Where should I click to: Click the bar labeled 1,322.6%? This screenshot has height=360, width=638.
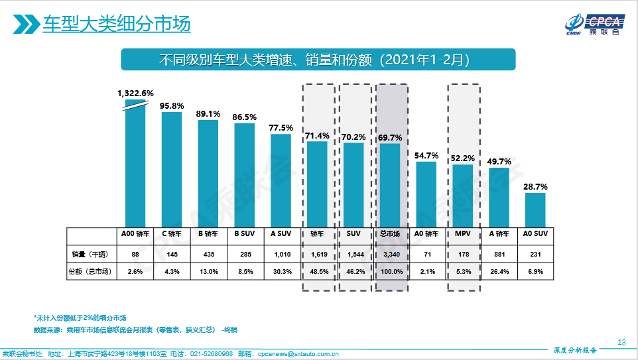(135, 166)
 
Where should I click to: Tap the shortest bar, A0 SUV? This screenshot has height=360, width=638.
(535, 210)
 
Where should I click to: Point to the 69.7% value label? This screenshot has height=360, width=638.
(390, 137)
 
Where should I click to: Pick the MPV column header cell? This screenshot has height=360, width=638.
(462, 234)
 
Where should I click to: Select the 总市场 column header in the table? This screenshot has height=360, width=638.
(390, 234)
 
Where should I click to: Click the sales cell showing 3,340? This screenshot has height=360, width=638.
(390, 253)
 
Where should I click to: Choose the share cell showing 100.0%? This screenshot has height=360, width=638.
(390, 271)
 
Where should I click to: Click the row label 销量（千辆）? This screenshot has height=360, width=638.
(90, 253)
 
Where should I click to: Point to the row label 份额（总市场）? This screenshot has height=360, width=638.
(90, 271)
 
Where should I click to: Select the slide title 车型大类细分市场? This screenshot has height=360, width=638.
(117, 24)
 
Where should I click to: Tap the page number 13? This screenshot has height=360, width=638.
(621, 342)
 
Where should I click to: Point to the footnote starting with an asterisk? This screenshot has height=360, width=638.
(80, 318)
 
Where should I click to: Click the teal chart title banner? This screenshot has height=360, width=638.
(318, 60)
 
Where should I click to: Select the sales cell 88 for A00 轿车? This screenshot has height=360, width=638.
(135, 253)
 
